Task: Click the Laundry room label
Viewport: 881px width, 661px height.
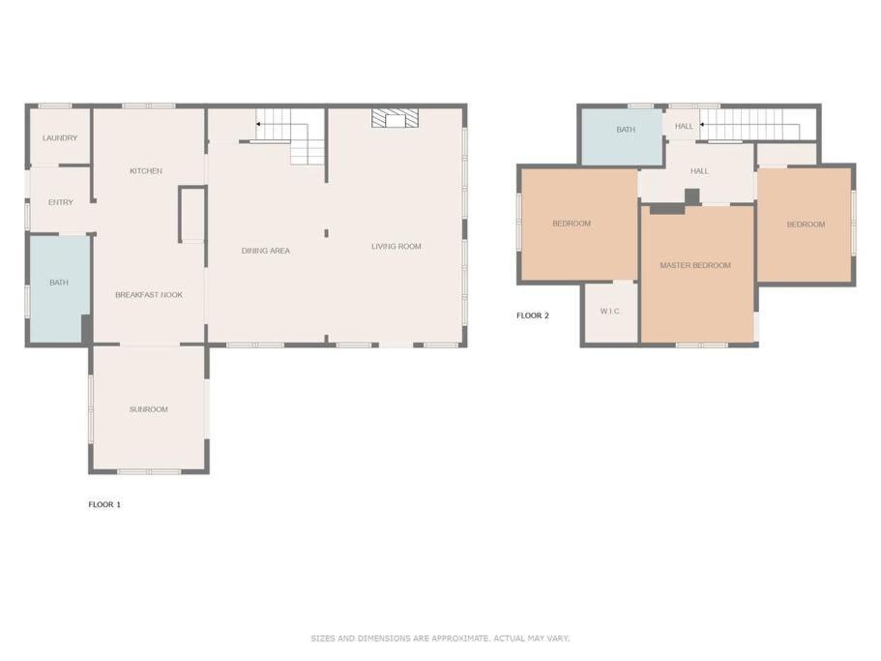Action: point(60,137)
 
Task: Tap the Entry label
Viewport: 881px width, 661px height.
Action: point(61,202)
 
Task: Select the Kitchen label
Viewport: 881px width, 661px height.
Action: point(146,171)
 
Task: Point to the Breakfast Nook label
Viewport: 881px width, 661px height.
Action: point(149,294)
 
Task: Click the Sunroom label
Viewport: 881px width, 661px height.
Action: point(148,409)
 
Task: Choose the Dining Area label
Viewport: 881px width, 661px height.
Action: point(266,251)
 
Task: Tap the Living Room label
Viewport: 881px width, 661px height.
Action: point(396,246)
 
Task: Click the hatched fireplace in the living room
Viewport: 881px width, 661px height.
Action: point(395,118)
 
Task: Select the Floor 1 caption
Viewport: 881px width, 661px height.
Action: point(104,505)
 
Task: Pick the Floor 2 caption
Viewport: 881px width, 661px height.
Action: point(533,315)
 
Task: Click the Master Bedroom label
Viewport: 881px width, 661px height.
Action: point(695,265)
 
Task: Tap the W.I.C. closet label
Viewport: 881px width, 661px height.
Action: point(610,311)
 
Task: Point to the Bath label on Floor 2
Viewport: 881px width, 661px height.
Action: point(626,130)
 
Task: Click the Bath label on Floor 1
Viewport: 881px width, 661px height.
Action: point(59,283)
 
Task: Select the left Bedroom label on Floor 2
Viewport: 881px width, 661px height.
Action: point(572,224)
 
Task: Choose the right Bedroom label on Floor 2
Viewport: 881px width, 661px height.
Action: point(806,225)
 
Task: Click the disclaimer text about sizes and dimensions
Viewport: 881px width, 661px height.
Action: point(440,638)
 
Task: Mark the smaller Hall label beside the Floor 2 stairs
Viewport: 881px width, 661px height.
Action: point(684,127)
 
